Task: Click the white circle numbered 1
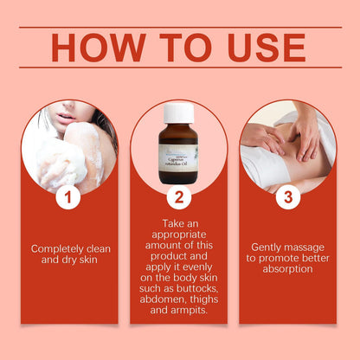pos(68,198)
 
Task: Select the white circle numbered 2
pos(178,198)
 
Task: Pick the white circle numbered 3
pos(288,198)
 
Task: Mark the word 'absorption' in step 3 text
pos(289,268)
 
